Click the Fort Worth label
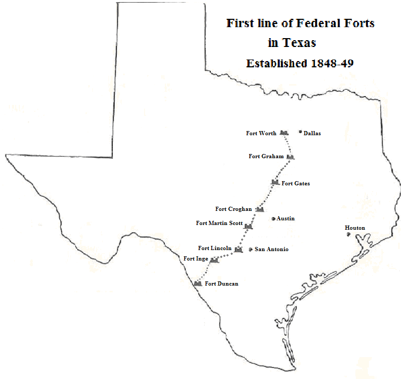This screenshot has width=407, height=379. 261,134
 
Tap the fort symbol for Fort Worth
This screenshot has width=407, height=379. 284,133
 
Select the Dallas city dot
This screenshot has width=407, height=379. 301,132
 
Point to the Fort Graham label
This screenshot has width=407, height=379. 266,157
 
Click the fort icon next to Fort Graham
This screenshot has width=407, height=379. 290,157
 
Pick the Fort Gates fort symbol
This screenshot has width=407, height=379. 275,182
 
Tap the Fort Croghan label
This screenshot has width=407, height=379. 233,209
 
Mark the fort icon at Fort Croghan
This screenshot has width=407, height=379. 260,209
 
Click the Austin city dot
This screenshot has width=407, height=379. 273,219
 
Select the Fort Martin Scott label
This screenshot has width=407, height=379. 219,223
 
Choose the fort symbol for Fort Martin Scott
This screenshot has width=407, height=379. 248,226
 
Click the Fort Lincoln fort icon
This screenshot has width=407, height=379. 238,250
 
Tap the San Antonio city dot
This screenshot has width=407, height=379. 250,250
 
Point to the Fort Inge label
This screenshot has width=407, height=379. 196,258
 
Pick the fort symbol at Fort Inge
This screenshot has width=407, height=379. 213,259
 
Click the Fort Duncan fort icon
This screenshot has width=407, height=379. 198,283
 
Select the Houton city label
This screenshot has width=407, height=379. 355,228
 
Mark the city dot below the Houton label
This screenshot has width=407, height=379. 349,234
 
